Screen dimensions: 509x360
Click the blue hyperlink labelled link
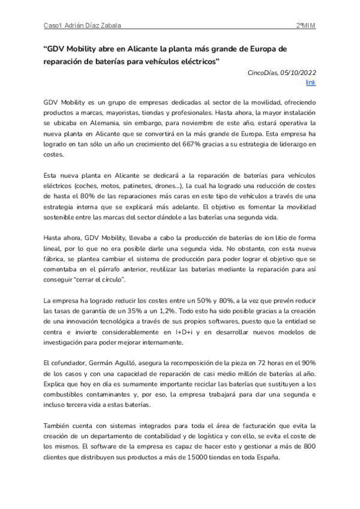pyautogui.click(x=310, y=82)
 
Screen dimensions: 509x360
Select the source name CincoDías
pyautogui.click(x=262, y=72)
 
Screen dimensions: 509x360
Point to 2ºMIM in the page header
pyautogui.click(x=307, y=26)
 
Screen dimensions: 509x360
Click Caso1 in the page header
pyautogui.click(x=53, y=26)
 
